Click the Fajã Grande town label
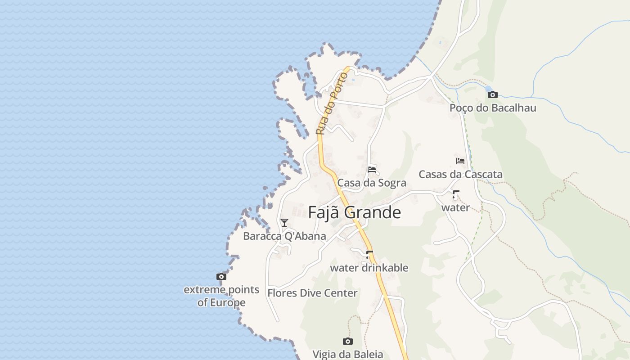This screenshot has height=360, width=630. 355,212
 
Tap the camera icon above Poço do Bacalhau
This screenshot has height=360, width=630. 493,94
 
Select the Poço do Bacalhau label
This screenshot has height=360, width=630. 493,108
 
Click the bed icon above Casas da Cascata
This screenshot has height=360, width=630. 460,161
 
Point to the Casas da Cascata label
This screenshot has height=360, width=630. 460,174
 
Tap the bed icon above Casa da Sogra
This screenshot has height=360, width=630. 372,170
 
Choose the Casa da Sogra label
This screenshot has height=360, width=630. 372,183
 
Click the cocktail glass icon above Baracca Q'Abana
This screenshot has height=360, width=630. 284,222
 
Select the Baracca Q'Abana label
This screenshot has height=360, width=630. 284,236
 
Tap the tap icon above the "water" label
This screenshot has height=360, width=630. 455,194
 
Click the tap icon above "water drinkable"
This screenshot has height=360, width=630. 369,255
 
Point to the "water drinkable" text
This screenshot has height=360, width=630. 369,268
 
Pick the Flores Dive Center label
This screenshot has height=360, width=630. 312,293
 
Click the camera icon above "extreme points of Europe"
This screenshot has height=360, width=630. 221,276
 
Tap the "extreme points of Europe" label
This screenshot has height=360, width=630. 221,296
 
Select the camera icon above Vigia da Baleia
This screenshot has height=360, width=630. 348,341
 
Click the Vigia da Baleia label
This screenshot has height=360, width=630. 348,354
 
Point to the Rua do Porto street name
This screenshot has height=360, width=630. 331,103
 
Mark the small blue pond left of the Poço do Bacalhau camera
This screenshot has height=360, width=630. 488,88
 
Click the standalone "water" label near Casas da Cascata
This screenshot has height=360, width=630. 455,207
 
